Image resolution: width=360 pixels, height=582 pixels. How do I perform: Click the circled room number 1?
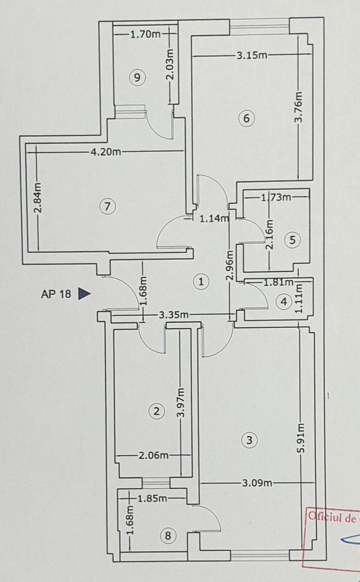(200, 281)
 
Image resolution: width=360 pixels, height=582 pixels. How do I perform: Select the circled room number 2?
(156, 412)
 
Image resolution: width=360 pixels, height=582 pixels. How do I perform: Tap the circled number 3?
(248, 440)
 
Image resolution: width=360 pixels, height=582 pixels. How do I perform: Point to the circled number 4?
(284, 302)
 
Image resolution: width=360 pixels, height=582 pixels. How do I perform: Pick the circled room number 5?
(292, 240)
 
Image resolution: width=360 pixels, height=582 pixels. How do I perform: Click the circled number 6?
(246, 119)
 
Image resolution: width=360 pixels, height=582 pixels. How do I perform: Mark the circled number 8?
(169, 536)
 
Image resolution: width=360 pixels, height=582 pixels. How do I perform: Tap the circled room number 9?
(137, 78)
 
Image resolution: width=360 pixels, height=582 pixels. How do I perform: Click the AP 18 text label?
(56, 294)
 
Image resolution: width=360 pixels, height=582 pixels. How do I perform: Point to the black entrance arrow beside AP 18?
(84, 294)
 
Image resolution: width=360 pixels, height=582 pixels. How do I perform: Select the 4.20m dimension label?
(106, 152)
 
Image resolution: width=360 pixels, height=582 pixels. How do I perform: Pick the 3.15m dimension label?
(252, 55)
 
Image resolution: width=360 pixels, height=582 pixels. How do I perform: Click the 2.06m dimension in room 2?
(154, 455)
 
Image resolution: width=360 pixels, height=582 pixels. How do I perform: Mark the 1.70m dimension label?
(146, 34)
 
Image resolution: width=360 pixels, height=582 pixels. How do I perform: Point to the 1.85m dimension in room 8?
(153, 498)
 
